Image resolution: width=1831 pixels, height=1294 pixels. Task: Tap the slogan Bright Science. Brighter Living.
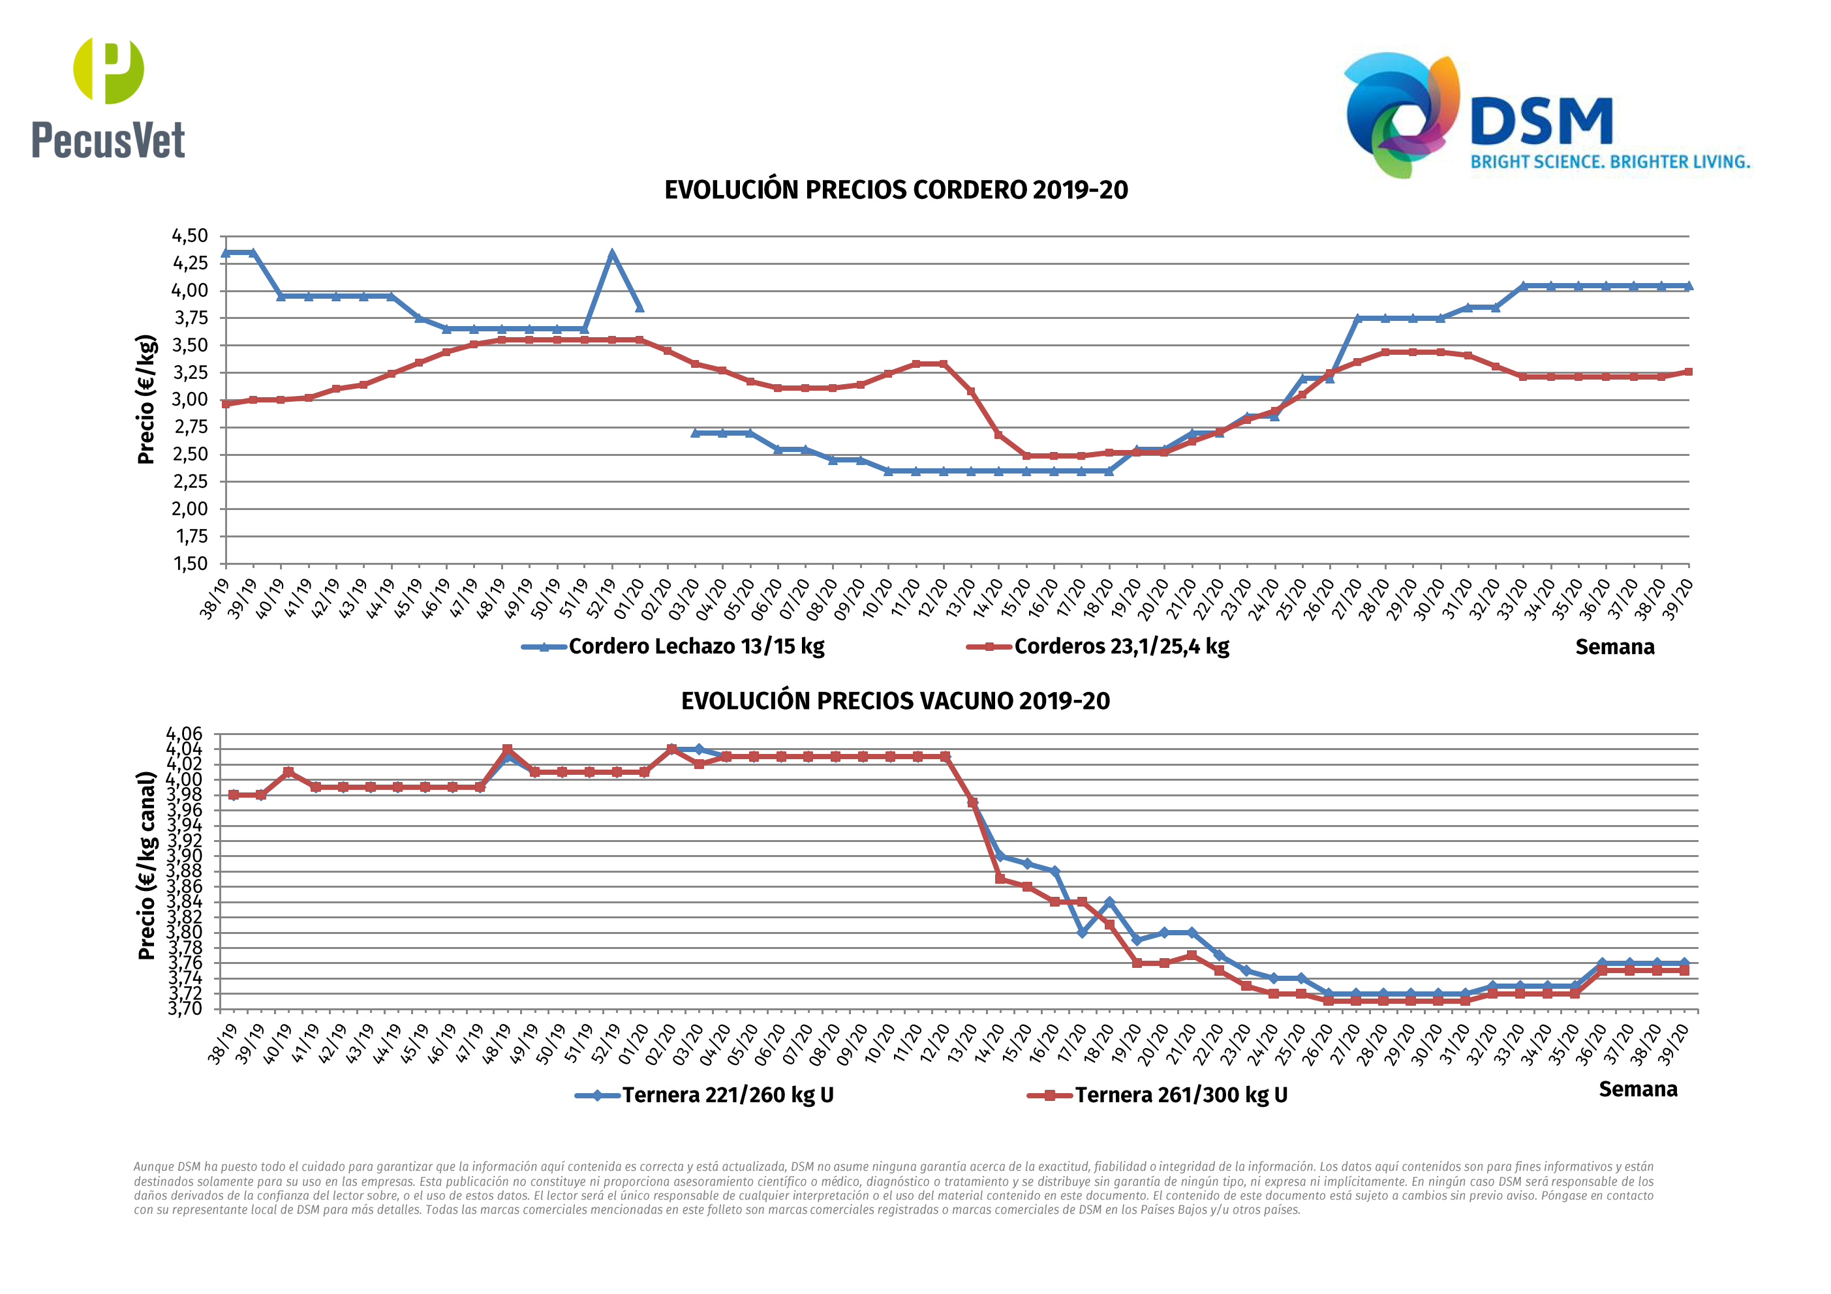(x=1609, y=162)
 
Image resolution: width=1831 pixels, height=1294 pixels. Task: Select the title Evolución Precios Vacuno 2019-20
(x=895, y=701)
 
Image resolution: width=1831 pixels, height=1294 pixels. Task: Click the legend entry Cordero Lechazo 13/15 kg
(x=696, y=646)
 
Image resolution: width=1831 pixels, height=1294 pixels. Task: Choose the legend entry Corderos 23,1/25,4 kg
(x=1120, y=646)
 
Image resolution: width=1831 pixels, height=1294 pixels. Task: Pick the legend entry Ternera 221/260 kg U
(x=728, y=1094)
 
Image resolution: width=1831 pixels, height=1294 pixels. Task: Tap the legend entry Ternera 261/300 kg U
(x=1180, y=1094)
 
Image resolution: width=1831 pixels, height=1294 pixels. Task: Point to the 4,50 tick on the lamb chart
(x=190, y=236)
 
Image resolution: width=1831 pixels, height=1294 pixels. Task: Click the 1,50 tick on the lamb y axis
(x=190, y=564)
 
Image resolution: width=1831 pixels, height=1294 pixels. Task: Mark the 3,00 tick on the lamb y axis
(x=190, y=400)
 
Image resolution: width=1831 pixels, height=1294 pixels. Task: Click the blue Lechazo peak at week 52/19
(x=611, y=254)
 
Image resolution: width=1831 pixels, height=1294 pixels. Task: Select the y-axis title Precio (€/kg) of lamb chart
(x=146, y=399)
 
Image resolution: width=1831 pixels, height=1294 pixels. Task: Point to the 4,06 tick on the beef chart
(x=184, y=734)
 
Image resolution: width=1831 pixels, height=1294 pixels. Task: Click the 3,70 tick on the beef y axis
(x=184, y=1008)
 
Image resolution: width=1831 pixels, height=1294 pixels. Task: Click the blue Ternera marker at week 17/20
(x=1082, y=932)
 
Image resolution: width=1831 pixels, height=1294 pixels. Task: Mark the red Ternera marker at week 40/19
(x=288, y=772)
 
